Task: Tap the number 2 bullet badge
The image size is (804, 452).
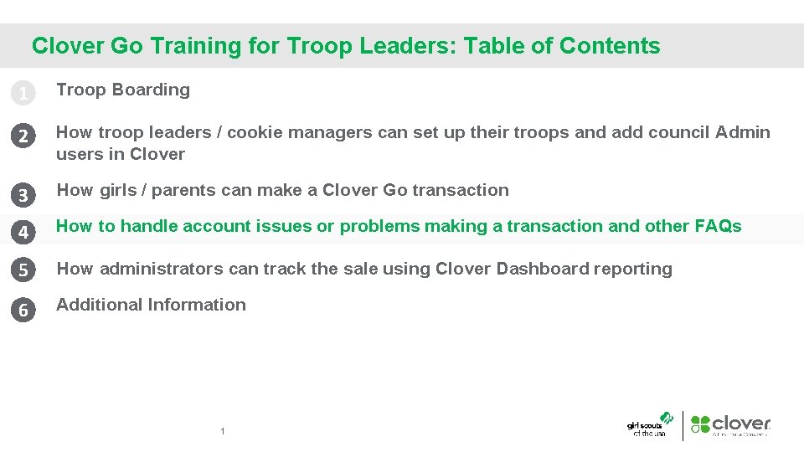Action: [23, 136]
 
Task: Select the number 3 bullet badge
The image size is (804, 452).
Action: [23, 196]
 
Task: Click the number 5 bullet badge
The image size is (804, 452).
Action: [23, 270]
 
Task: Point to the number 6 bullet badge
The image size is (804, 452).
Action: [23, 310]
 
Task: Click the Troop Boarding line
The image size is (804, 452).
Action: [123, 90]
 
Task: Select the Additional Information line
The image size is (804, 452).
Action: [151, 305]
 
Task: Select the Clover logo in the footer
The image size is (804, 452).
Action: [731, 425]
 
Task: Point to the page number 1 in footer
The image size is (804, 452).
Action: [222, 432]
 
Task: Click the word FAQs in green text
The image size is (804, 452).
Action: [718, 226]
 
